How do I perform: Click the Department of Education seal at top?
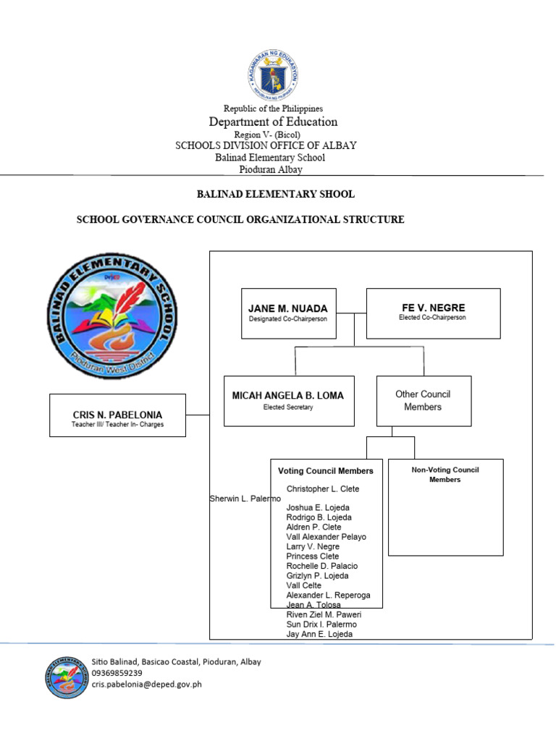[274, 75]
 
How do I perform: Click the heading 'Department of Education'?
[273, 122]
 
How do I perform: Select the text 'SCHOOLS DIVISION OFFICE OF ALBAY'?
[266, 145]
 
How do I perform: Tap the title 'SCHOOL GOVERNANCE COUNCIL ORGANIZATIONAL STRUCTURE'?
[240, 219]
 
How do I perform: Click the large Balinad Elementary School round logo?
[112, 316]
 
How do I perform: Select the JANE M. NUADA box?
[288, 313]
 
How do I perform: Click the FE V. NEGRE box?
[433, 313]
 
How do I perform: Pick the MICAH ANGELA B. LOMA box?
[288, 400]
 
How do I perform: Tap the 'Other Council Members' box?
[423, 400]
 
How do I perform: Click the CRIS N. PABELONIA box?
[117, 415]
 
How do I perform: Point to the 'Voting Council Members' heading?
[326, 470]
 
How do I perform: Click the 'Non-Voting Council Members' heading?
[445, 475]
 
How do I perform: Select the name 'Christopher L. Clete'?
[323, 489]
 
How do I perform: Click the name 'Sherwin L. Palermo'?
[245, 499]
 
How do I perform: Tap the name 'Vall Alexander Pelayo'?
[327, 537]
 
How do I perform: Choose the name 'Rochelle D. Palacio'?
[322, 566]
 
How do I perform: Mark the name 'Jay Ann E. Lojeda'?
[319, 634]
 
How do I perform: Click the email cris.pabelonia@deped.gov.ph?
[147, 685]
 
